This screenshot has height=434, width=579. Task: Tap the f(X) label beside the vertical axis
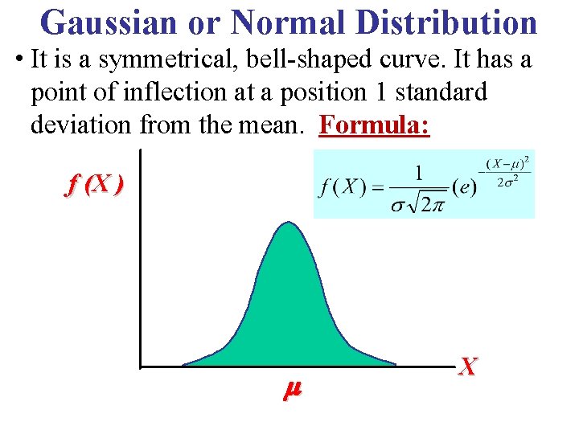click(x=94, y=186)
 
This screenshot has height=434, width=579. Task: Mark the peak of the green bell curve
click(x=288, y=223)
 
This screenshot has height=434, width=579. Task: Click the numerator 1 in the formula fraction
click(x=419, y=173)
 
